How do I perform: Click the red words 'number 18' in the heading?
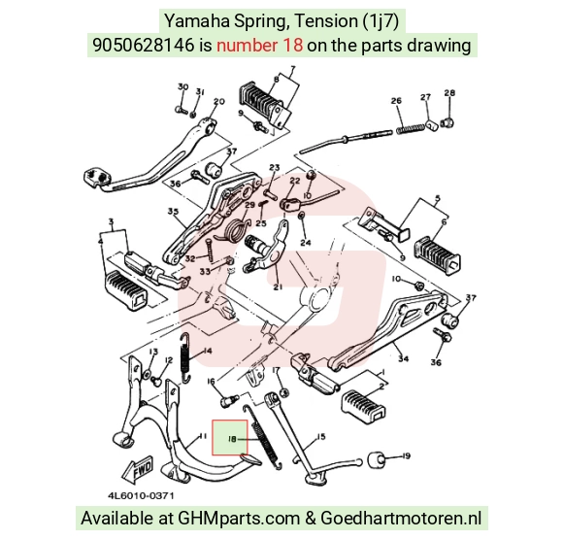tap(259, 46)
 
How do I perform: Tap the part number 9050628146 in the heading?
tap(144, 46)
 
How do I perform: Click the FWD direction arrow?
tap(138, 469)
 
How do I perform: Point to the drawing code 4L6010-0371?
tap(141, 496)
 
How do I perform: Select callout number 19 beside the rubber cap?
tap(406, 456)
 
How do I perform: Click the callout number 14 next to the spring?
tap(208, 351)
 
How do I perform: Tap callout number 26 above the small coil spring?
tap(396, 101)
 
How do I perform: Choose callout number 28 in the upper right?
tap(449, 92)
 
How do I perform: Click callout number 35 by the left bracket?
tap(173, 212)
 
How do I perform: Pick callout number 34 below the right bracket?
tap(403, 358)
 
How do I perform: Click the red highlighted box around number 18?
tap(229, 437)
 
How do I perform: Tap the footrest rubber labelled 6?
tap(438, 256)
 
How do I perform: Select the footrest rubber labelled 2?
tap(363, 406)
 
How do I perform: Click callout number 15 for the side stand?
tap(320, 436)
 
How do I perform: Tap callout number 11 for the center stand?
tap(203, 436)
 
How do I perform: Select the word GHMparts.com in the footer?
tap(239, 519)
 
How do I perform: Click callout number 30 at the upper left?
tap(183, 87)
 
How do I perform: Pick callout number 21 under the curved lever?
tap(278, 286)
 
